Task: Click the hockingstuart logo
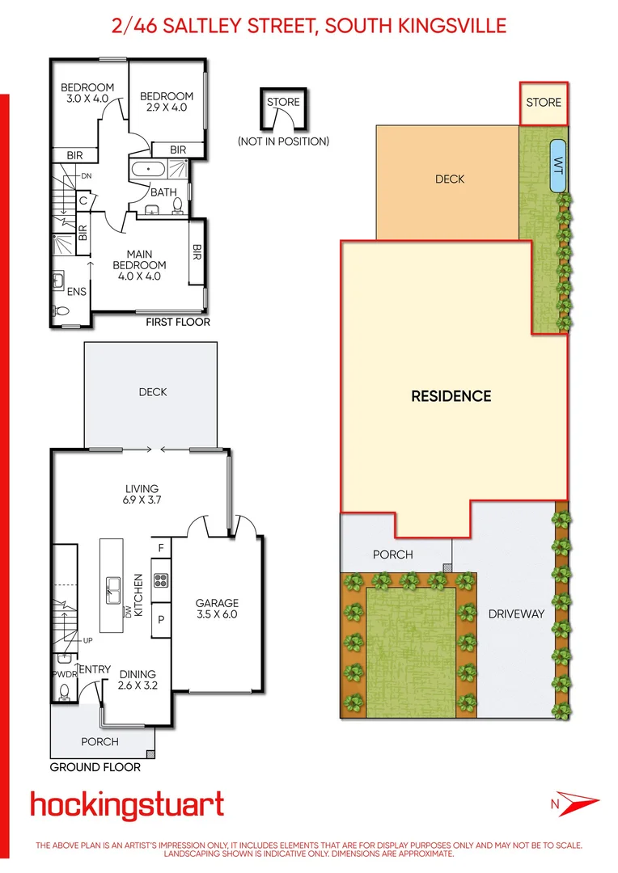coord(127,806)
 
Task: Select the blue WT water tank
coord(557,166)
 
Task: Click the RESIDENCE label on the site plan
coord(451,396)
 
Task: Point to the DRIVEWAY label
coord(516,614)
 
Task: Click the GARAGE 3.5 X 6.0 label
coord(217,608)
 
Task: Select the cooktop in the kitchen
coord(160,580)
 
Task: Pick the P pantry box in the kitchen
coord(161,620)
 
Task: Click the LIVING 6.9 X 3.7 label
coord(142,495)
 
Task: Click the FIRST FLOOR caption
coord(178,322)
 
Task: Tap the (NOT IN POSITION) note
coord(283,141)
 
